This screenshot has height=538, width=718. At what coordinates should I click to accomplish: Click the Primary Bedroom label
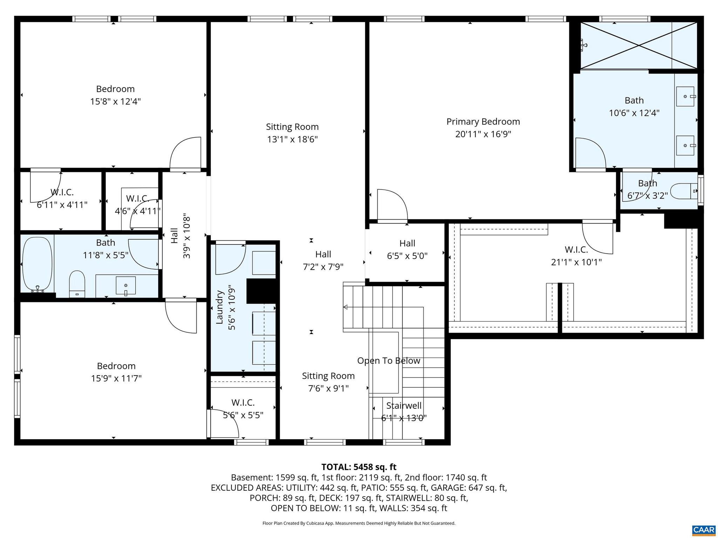[x=483, y=122]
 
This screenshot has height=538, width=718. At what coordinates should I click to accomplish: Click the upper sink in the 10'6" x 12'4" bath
[x=685, y=96]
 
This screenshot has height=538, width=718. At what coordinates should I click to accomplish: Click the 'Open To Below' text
[x=388, y=361]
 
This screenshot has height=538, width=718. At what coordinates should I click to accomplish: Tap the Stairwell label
[x=404, y=406]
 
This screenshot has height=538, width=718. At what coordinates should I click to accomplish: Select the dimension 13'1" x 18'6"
[x=292, y=139]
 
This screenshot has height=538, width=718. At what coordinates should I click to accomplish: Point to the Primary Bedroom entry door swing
[x=392, y=205]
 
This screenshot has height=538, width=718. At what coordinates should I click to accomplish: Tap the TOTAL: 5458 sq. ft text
[x=359, y=467]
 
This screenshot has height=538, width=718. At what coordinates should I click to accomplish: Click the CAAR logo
[x=704, y=529]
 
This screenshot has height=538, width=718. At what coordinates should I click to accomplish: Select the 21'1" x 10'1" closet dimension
[x=576, y=262]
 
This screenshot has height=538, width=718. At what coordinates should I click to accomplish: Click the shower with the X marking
[x=639, y=46]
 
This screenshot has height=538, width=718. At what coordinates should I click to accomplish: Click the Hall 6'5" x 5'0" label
[x=407, y=243]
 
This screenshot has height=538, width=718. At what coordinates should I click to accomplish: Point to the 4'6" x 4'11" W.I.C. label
[x=137, y=199]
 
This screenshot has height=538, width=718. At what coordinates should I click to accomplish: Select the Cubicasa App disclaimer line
[x=359, y=523]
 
